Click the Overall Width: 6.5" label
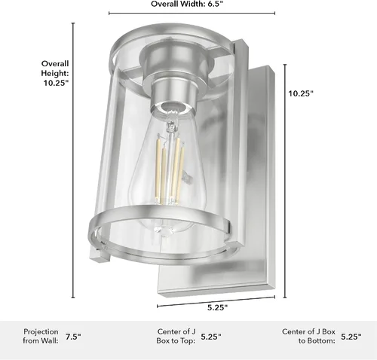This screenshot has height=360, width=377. point(187,4)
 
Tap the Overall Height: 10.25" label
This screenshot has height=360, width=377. point(55,73)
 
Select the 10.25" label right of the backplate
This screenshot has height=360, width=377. point(301,93)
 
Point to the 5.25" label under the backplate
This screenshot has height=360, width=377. point(217,307)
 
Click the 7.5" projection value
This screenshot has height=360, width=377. point(73,337)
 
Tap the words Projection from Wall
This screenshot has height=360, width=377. point(41,336)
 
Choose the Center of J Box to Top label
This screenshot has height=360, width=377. point(176,336)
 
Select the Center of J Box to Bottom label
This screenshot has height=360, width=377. point(308,336)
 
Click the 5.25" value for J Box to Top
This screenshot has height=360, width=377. point(211,337)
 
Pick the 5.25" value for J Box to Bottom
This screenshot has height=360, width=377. point(351,337)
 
